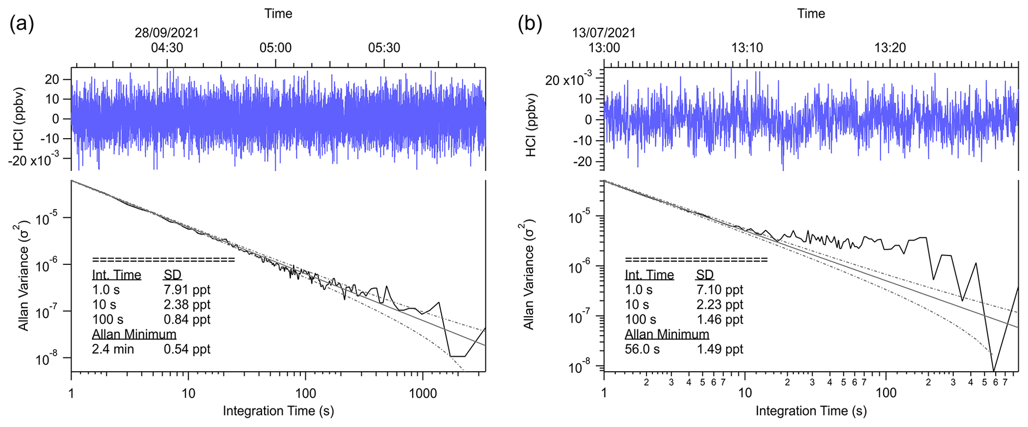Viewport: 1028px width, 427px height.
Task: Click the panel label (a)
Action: (21, 24)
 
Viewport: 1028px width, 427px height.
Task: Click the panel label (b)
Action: (530, 24)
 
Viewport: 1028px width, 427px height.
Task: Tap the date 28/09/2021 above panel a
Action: (167, 33)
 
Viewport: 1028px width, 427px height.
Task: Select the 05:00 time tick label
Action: (276, 48)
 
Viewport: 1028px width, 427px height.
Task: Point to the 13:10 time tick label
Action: (747, 48)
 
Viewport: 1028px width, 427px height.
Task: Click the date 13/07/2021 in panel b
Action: (604, 33)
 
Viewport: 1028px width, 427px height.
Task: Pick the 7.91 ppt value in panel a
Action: (187, 289)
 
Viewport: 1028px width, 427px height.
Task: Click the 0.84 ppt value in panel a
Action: (187, 319)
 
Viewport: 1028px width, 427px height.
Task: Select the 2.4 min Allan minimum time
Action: (113, 349)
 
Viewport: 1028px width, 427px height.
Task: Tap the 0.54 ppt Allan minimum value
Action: (187, 349)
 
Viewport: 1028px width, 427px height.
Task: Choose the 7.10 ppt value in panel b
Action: (720, 289)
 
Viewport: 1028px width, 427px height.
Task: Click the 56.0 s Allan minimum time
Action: (642, 349)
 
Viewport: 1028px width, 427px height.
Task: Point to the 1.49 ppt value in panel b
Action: (720, 349)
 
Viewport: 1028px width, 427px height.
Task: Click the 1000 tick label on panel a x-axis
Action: (423, 394)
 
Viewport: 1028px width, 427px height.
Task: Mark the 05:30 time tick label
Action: (384, 48)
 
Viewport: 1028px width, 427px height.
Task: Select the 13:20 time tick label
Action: (890, 48)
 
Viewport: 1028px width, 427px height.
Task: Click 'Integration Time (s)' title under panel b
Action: (811, 411)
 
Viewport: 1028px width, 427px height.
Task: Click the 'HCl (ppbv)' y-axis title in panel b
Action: (531, 125)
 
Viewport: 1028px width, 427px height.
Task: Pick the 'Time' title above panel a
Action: (278, 13)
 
